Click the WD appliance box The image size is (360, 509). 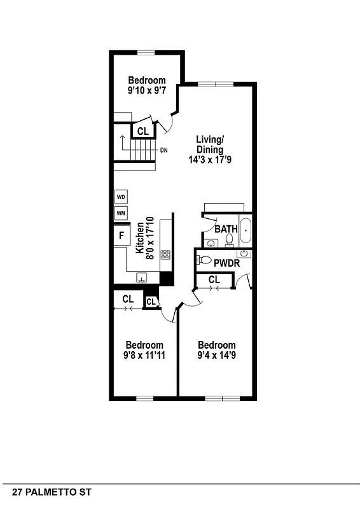coord(121,197)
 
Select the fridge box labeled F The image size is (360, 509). coord(121,237)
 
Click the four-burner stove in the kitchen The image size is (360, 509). coord(165,255)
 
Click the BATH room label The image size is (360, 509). coord(226,229)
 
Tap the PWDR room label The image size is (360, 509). coord(226,262)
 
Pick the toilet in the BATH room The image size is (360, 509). coord(229,240)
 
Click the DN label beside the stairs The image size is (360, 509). coord(163,151)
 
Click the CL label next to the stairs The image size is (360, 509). coord(142,132)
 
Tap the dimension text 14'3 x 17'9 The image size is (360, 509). coord(209,160)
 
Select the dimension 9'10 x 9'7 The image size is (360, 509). coord(146,91)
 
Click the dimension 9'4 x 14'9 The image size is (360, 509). coord(216,355)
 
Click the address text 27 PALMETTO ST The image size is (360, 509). coord(47,492)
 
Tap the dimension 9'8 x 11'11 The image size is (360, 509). coord(144,355)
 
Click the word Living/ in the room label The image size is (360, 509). coord(209,139)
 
